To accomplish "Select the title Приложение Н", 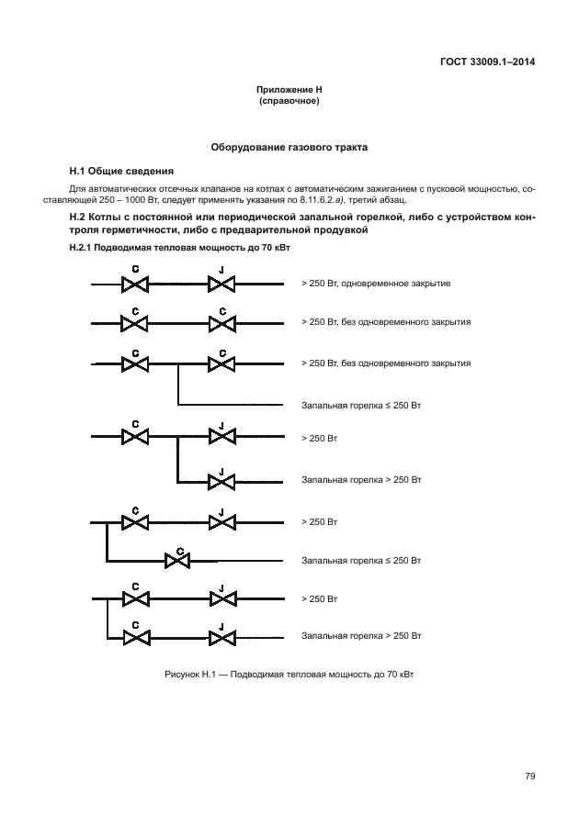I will [289, 90].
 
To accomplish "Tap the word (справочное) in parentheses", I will [289, 101].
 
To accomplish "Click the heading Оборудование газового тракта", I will [289, 147].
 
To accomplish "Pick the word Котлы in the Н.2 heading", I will [113, 217].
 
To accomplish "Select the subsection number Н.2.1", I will [85, 249].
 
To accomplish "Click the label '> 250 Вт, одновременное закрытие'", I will [375, 284].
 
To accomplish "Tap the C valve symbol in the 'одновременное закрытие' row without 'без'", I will [135, 284].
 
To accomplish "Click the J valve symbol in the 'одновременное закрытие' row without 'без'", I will [220, 284].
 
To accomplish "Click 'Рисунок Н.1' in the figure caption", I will [194, 676].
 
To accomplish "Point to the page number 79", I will [529, 777].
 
